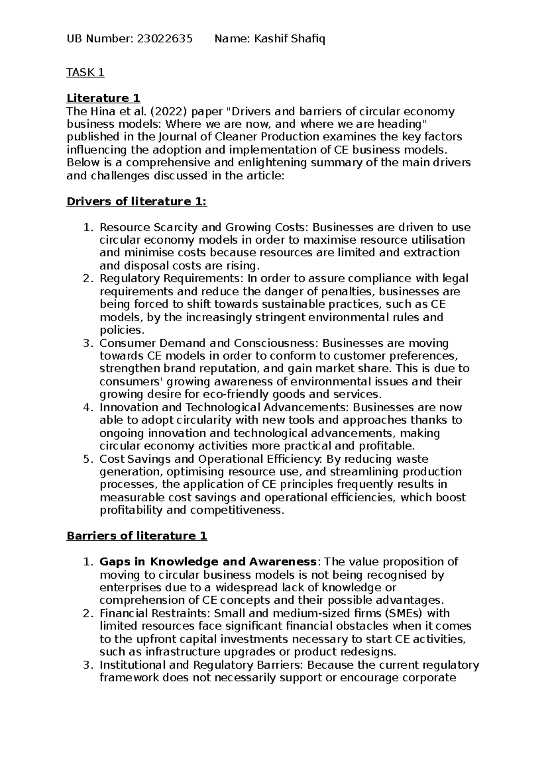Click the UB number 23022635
point(162,40)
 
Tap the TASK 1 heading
point(85,73)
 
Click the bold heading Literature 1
point(103,98)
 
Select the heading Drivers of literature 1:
point(137,201)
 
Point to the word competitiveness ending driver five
point(236,510)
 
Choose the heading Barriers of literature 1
point(137,536)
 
